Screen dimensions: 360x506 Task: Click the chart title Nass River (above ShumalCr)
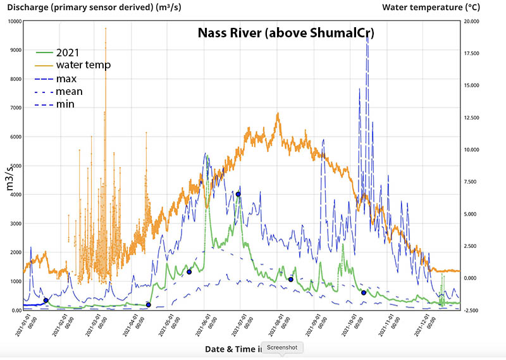click(x=286, y=34)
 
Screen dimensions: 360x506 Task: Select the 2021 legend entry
click(x=67, y=53)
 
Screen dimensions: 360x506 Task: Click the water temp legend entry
click(x=83, y=65)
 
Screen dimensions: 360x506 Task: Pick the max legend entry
click(x=66, y=78)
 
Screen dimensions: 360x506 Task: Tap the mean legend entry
click(x=69, y=91)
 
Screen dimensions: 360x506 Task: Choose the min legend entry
click(x=65, y=104)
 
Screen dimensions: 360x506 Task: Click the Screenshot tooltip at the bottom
click(x=283, y=348)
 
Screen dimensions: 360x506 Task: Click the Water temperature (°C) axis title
click(x=431, y=7)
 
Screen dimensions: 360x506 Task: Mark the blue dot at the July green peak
click(x=238, y=194)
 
